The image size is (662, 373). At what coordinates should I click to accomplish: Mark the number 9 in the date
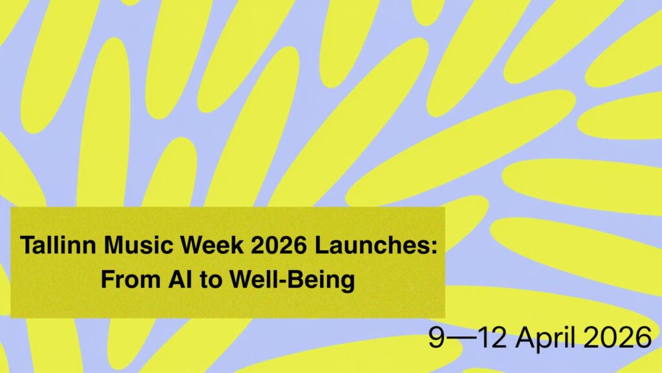(x=437, y=337)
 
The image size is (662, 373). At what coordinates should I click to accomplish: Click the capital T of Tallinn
(x=27, y=246)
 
